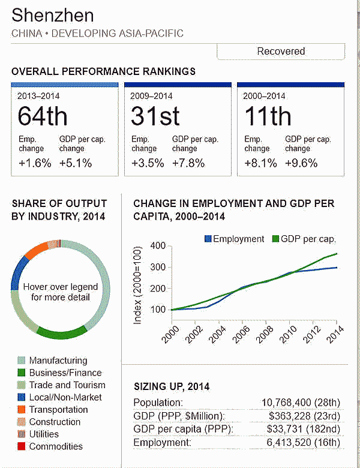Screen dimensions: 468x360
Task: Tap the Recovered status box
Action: tap(281, 51)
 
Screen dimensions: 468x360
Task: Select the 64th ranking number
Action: tap(43, 116)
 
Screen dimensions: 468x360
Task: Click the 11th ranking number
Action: tap(268, 116)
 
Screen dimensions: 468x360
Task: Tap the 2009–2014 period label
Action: tap(151, 95)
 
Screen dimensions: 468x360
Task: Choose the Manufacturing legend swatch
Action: tap(21, 361)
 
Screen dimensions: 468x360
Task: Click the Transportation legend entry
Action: tap(58, 410)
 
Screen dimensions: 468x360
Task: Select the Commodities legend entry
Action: tap(56, 446)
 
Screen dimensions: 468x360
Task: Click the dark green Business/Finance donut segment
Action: tap(62, 332)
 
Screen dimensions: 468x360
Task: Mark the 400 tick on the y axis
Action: tap(157, 245)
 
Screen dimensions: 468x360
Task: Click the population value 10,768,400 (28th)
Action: tap(301, 402)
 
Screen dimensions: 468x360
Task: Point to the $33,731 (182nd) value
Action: tap(305, 428)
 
